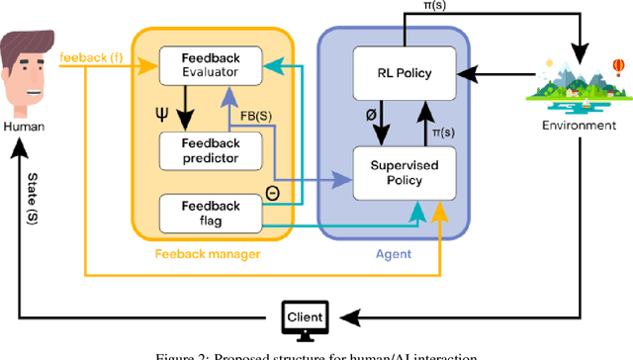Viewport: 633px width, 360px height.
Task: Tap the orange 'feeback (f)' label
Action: (x=90, y=57)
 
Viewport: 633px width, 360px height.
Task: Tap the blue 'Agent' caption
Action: (x=395, y=254)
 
